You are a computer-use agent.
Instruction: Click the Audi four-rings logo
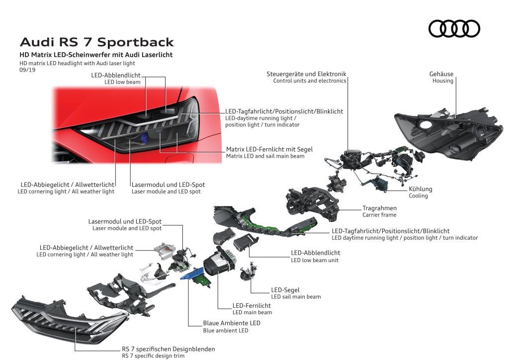coord(454,28)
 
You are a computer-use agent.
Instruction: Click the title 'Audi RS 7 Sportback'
coord(96,42)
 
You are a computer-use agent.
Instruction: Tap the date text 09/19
coord(25,70)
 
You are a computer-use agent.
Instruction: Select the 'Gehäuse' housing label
coord(441,74)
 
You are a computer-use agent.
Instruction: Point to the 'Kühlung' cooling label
coord(421,189)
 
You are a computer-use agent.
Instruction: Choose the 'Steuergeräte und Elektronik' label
coord(306,74)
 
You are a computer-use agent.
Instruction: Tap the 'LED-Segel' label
coord(285,290)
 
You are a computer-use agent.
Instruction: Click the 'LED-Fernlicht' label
coord(252,305)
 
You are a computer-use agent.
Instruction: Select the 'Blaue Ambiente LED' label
coord(231,323)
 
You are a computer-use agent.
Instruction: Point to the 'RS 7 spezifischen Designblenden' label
coord(168,349)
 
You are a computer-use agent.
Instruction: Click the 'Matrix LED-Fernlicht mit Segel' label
coord(269,149)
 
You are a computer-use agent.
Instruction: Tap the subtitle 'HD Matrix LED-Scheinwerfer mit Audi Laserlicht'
coord(96,55)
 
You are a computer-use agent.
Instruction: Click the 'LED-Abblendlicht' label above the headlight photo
coord(116,75)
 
